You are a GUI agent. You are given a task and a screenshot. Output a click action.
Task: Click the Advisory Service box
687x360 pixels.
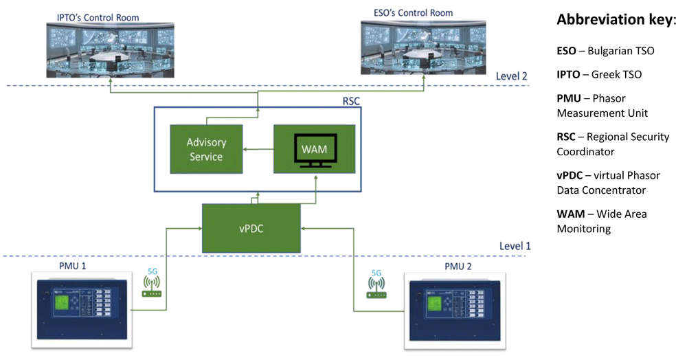(x=206, y=149)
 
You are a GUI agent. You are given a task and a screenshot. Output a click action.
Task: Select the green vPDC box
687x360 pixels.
(x=251, y=227)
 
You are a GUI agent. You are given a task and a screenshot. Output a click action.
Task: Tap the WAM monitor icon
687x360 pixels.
(x=315, y=150)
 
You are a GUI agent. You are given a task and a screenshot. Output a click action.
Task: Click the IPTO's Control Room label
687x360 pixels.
(x=98, y=17)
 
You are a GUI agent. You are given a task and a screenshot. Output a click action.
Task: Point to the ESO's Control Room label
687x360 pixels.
(x=413, y=13)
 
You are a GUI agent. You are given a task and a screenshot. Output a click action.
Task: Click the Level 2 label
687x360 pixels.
(x=511, y=76)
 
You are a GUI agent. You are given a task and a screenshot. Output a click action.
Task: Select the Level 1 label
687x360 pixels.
(x=515, y=246)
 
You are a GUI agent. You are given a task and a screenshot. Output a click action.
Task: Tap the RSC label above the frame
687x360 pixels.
(x=351, y=101)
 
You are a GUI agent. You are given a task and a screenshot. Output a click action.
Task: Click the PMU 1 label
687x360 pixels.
(x=73, y=266)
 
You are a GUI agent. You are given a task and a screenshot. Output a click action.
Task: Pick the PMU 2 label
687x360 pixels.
(x=458, y=267)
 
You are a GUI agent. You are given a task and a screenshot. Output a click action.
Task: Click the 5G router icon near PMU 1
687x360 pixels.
(x=152, y=286)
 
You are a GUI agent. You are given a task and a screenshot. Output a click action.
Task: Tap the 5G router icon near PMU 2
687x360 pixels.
(x=376, y=288)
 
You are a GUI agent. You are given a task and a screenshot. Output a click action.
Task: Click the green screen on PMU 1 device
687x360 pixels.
(x=61, y=302)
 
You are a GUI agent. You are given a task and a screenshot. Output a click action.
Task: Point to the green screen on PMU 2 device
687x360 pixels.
(x=434, y=303)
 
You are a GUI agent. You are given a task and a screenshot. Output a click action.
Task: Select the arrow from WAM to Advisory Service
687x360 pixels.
(x=258, y=149)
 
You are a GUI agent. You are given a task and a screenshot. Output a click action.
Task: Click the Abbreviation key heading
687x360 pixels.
(x=616, y=20)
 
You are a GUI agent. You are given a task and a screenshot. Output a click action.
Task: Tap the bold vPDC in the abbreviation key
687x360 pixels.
(x=570, y=176)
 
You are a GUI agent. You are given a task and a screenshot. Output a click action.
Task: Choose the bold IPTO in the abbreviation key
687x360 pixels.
(x=568, y=74)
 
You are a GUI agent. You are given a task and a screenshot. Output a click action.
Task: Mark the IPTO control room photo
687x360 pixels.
(x=111, y=50)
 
